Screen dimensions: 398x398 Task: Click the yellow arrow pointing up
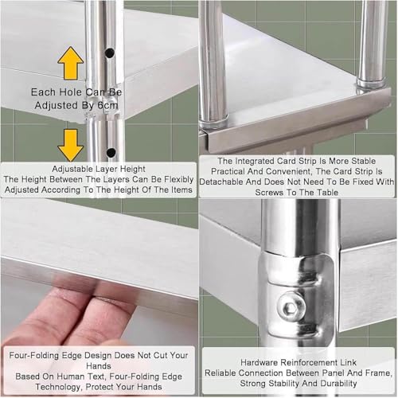[71, 63]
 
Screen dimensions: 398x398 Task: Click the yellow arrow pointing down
[71, 145]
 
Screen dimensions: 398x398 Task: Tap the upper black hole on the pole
[110, 53]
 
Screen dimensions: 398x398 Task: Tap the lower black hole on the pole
[111, 152]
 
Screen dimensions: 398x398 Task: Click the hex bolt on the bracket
[291, 307]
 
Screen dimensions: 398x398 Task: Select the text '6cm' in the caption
[107, 105]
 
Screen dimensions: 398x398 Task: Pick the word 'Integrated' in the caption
[255, 161]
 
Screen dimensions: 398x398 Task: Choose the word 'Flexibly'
[178, 180]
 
